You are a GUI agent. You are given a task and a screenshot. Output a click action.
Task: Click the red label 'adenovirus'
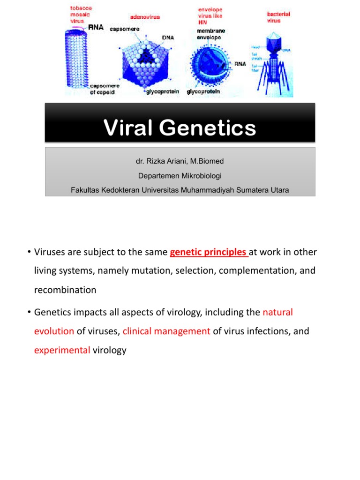(x=145, y=17)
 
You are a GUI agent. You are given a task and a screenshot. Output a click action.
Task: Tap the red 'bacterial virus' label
(x=278, y=17)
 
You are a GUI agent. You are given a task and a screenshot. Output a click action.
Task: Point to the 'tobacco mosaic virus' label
(x=82, y=15)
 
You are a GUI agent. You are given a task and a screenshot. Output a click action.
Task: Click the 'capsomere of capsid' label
(x=105, y=89)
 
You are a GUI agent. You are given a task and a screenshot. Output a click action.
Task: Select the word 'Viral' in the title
(x=127, y=128)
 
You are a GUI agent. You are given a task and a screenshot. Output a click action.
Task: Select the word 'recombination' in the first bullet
(x=65, y=290)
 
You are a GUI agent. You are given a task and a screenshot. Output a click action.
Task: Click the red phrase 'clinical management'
(x=166, y=331)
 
